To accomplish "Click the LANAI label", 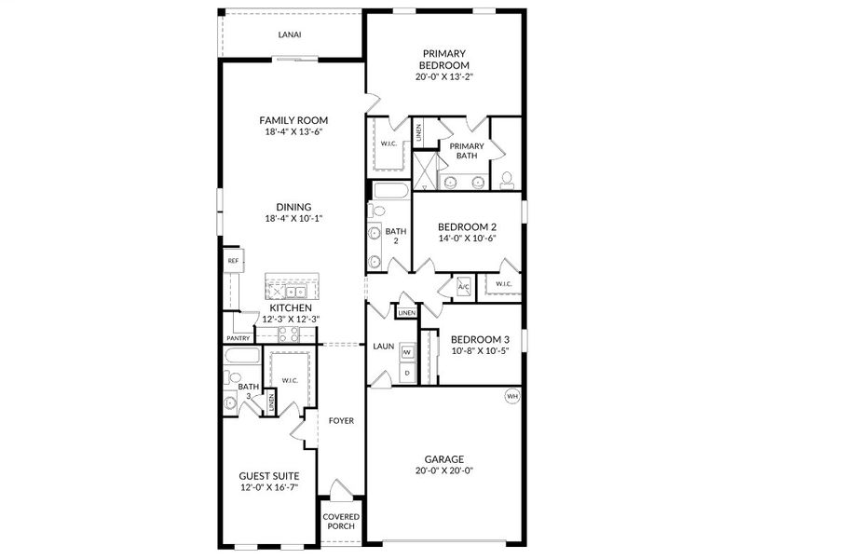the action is click(x=289, y=34).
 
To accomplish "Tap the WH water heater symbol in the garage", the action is click(x=511, y=396).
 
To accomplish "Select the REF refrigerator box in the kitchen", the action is click(x=233, y=261).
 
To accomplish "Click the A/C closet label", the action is click(x=463, y=287).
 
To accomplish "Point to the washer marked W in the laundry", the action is click(x=407, y=352).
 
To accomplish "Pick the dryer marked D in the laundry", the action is click(x=407, y=374).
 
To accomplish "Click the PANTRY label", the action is click(x=239, y=339).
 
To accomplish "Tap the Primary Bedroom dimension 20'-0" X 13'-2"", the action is click(x=443, y=77).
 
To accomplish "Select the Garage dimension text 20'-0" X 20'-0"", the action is click(x=443, y=470).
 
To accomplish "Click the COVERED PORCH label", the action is click(x=341, y=521).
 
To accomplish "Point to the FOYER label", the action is click(x=341, y=421).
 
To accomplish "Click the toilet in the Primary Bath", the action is click(x=507, y=181).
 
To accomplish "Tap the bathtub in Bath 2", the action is click(x=390, y=191).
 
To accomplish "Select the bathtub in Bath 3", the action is click(x=242, y=356).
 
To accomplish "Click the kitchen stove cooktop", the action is click(x=288, y=334).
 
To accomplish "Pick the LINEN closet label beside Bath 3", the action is click(x=271, y=403).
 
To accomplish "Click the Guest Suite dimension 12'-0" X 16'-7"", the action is click(x=269, y=488).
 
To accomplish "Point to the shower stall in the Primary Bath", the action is click(x=425, y=171).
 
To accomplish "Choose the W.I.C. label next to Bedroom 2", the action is click(x=503, y=284).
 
